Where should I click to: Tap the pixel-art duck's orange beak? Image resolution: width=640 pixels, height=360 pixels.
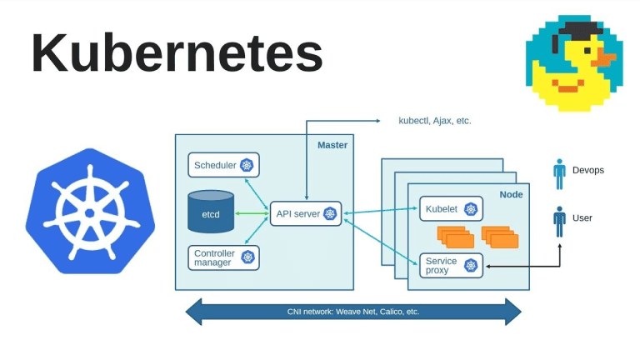[604, 59]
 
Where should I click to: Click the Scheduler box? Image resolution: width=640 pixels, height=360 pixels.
[223, 165]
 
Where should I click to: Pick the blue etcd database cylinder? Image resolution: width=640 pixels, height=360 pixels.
[211, 212]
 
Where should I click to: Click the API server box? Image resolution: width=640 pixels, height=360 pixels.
[305, 214]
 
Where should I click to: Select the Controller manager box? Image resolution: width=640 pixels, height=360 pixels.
[223, 257]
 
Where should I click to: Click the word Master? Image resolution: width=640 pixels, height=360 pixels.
[332, 145]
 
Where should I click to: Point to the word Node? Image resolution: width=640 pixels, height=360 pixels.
[511, 194]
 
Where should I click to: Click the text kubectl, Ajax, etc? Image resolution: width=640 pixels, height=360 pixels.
[434, 121]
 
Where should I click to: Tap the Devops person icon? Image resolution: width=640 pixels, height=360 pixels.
[559, 173]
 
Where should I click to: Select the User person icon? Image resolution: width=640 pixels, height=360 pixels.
[559, 221]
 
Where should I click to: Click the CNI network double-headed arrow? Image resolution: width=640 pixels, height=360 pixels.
[352, 312]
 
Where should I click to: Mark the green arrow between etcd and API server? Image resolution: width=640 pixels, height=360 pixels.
[252, 213]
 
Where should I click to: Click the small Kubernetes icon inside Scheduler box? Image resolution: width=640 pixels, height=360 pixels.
[247, 165]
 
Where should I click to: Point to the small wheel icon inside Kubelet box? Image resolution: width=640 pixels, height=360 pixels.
[471, 209]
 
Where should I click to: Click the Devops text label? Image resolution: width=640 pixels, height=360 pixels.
[588, 170]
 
